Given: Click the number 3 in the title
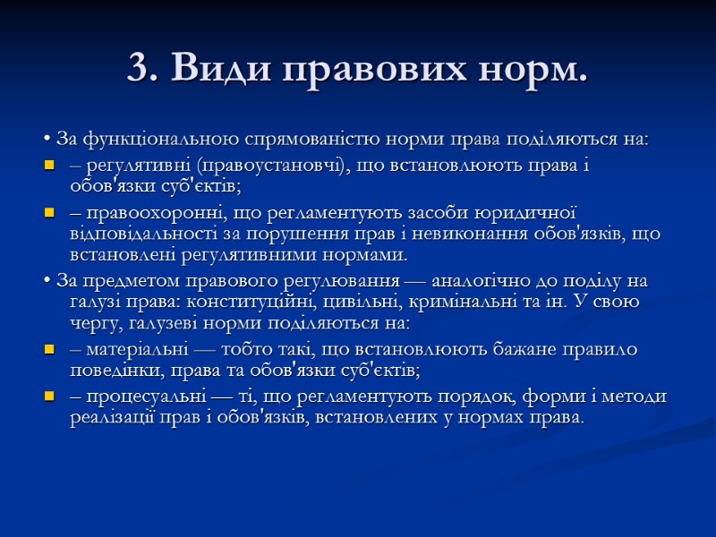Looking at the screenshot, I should click(x=137, y=68).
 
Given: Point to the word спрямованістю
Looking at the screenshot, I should click(x=295, y=140).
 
